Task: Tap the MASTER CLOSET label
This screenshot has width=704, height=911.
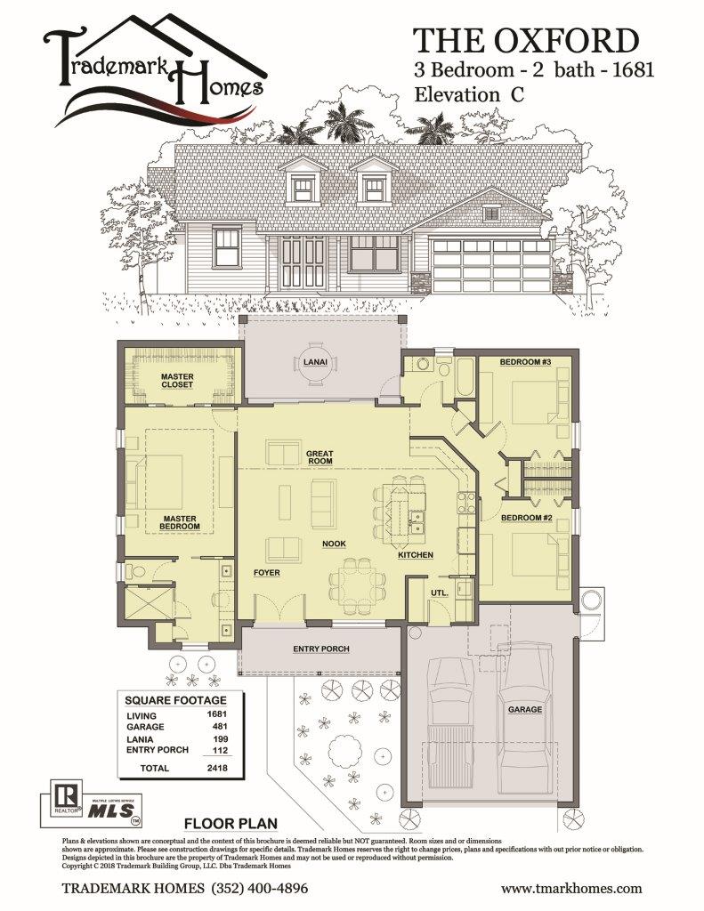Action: pyautogui.click(x=177, y=381)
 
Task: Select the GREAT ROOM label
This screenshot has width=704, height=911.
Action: pyautogui.click(x=320, y=456)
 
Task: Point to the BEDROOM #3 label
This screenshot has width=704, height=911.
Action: pyautogui.click(x=525, y=362)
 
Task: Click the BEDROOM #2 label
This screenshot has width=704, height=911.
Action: pyautogui.click(x=526, y=517)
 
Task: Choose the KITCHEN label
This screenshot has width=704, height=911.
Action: pyautogui.click(x=415, y=555)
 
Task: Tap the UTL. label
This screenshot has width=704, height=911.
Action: pyautogui.click(x=439, y=593)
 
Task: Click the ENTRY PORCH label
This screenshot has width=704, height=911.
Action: pyautogui.click(x=321, y=649)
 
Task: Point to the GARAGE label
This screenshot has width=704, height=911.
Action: pyautogui.click(x=525, y=709)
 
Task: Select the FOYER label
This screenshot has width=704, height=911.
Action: pyautogui.click(x=266, y=572)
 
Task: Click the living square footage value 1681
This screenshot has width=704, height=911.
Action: pyautogui.click(x=216, y=714)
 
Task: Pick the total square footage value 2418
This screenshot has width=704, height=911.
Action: pyautogui.click(x=217, y=768)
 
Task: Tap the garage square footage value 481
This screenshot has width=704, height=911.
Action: pyautogui.click(x=220, y=726)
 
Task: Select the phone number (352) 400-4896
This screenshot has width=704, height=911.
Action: pyautogui.click(x=260, y=889)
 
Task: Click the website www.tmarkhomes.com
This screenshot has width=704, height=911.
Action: pyautogui.click(x=571, y=889)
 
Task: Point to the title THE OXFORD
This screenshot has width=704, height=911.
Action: pyautogui.click(x=525, y=41)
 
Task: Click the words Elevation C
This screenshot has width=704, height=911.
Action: pyautogui.click(x=468, y=94)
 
